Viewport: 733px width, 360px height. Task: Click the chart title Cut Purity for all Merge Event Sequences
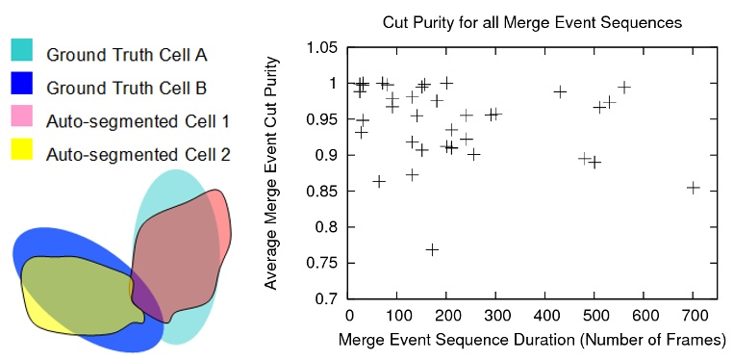(x=532, y=19)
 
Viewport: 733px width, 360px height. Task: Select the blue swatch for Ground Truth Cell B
(x=22, y=87)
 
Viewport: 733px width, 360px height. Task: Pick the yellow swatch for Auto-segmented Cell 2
(x=22, y=151)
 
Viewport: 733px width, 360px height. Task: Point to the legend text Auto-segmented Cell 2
(x=138, y=153)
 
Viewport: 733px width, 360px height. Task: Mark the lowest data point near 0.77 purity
(x=432, y=249)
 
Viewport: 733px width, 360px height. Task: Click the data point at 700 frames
(x=693, y=188)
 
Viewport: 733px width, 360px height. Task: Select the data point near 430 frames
(x=560, y=91)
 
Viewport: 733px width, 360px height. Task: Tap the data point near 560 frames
(x=624, y=87)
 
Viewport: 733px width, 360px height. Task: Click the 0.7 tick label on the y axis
(x=327, y=299)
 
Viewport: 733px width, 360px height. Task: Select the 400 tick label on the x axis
(x=545, y=317)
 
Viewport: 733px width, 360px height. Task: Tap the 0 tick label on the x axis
(x=348, y=317)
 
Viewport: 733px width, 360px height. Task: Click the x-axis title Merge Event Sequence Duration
(x=532, y=340)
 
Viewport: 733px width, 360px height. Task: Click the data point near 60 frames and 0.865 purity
(x=379, y=181)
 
